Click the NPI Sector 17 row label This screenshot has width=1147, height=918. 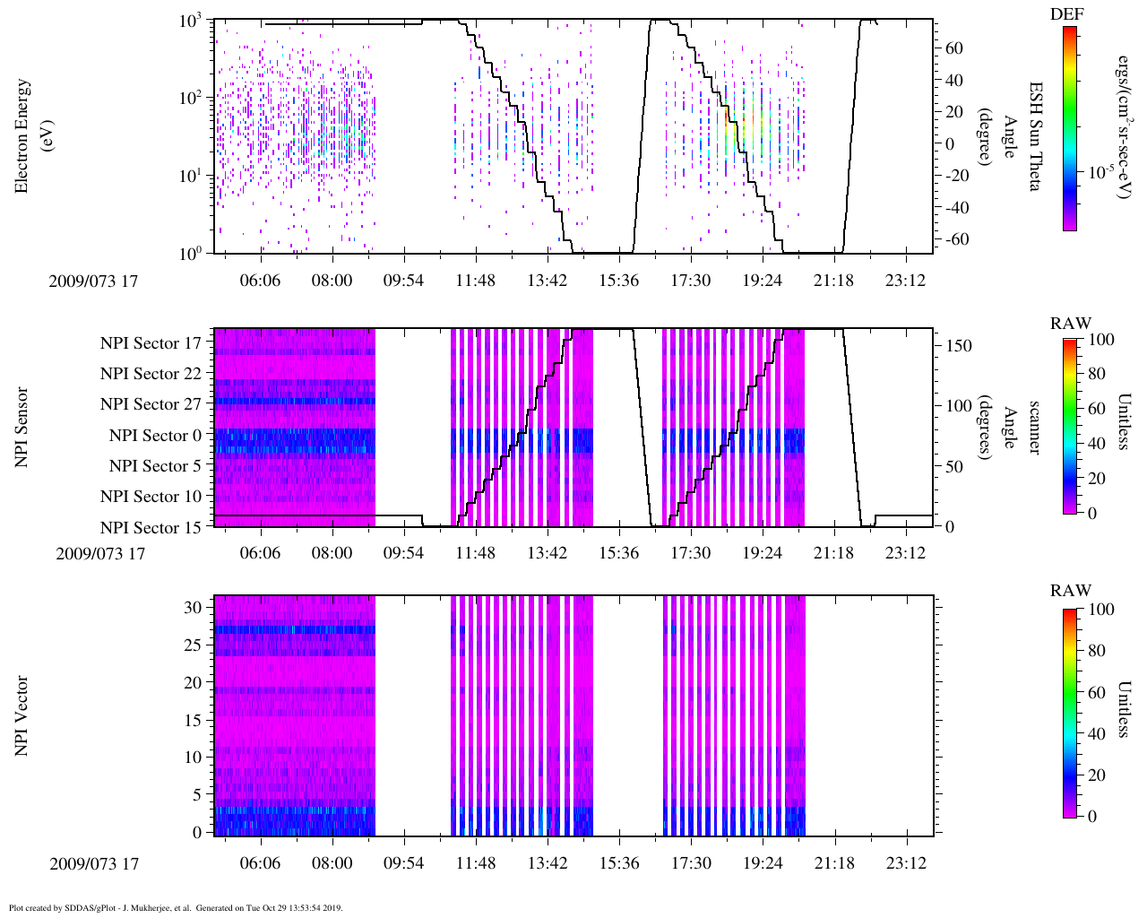[x=151, y=342]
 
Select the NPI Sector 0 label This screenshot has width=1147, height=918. [x=155, y=436]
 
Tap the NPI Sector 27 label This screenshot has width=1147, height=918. [x=151, y=404]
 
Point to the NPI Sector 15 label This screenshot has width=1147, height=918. [x=151, y=528]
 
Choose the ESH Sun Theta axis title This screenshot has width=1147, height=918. [x=1035, y=136]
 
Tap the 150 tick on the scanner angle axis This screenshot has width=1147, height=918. [x=959, y=346]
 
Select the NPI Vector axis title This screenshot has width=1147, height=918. [x=22, y=716]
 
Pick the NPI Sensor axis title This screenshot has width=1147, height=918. [x=22, y=427]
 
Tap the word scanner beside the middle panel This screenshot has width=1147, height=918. [x=1034, y=427]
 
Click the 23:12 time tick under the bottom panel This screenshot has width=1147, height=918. [x=906, y=863]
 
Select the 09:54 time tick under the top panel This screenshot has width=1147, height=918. [x=403, y=281]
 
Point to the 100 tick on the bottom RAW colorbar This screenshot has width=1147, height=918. [x=1101, y=610]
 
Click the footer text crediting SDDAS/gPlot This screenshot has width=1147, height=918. [x=176, y=907]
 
